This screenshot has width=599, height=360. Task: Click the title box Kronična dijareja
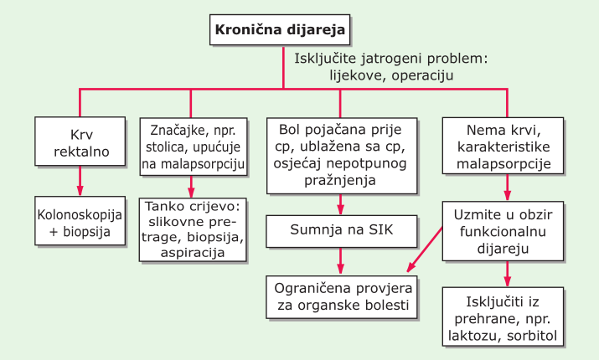point(280,30)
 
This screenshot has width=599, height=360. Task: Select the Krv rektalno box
point(80,141)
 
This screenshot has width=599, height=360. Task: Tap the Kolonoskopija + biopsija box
point(80,221)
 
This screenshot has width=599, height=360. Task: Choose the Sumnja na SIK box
point(342,231)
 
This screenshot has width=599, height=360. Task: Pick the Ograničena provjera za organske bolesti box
point(342,297)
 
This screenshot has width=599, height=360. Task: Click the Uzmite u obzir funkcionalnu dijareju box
point(503,231)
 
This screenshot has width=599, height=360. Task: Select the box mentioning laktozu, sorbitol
point(503,316)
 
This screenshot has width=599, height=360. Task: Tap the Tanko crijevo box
point(193,230)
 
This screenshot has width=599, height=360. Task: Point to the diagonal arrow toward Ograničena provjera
point(425,249)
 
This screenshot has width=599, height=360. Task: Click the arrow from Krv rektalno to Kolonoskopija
point(80,181)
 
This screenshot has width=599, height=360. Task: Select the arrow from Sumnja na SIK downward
point(340,261)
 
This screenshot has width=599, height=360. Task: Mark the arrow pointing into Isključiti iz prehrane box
point(507,274)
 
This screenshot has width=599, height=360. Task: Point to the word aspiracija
point(193,253)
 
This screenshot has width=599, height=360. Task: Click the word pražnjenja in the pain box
point(340,180)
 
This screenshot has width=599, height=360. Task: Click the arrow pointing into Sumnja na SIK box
point(340,204)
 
